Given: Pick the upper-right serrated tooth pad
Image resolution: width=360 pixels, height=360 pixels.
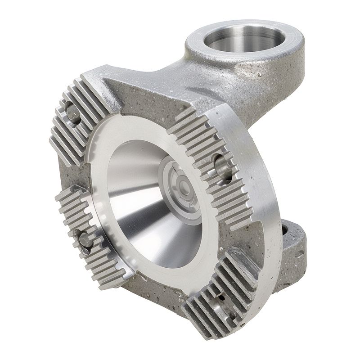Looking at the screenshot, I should pos(211,162).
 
